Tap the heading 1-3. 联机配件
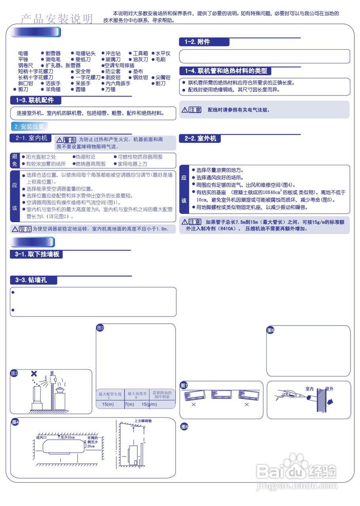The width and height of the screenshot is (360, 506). point(35,100)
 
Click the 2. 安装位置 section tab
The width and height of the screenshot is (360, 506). point(28,126)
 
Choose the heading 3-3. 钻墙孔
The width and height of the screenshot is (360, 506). point(34,280)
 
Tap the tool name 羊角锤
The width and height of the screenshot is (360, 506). point(53,89)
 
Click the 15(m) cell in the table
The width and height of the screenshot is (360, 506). point(108,404)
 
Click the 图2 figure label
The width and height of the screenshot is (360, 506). point(100,328)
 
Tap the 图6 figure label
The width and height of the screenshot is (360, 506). point(271,330)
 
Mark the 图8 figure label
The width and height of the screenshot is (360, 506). point(184,427)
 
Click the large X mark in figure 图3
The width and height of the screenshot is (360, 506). point(34,374)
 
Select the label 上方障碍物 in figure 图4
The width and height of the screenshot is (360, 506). point(143,421)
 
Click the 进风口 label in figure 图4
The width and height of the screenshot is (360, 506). point(42,437)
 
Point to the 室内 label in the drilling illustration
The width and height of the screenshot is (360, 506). point(309,389)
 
